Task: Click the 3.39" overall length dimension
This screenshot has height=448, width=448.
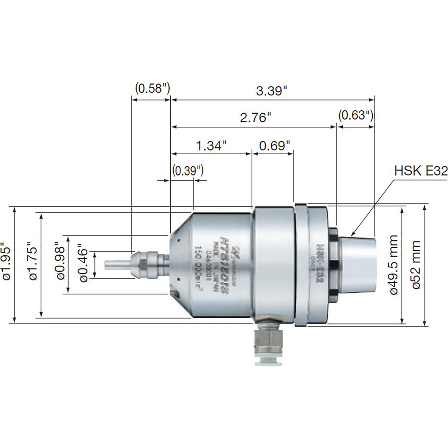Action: pyautogui.click(x=272, y=91)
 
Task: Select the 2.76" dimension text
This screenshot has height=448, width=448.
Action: pyautogui.click(x=256, y=118)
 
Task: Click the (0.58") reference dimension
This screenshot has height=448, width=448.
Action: pyautogui.click(x=152, y=88)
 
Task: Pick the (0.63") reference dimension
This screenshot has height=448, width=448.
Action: pyautogui.click(x=355, y=115)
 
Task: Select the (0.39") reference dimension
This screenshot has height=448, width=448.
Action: pyautogui.click(x=188, y=170)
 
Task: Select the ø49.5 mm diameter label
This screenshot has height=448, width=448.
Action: pyautogui.click(x=394, y=264)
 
